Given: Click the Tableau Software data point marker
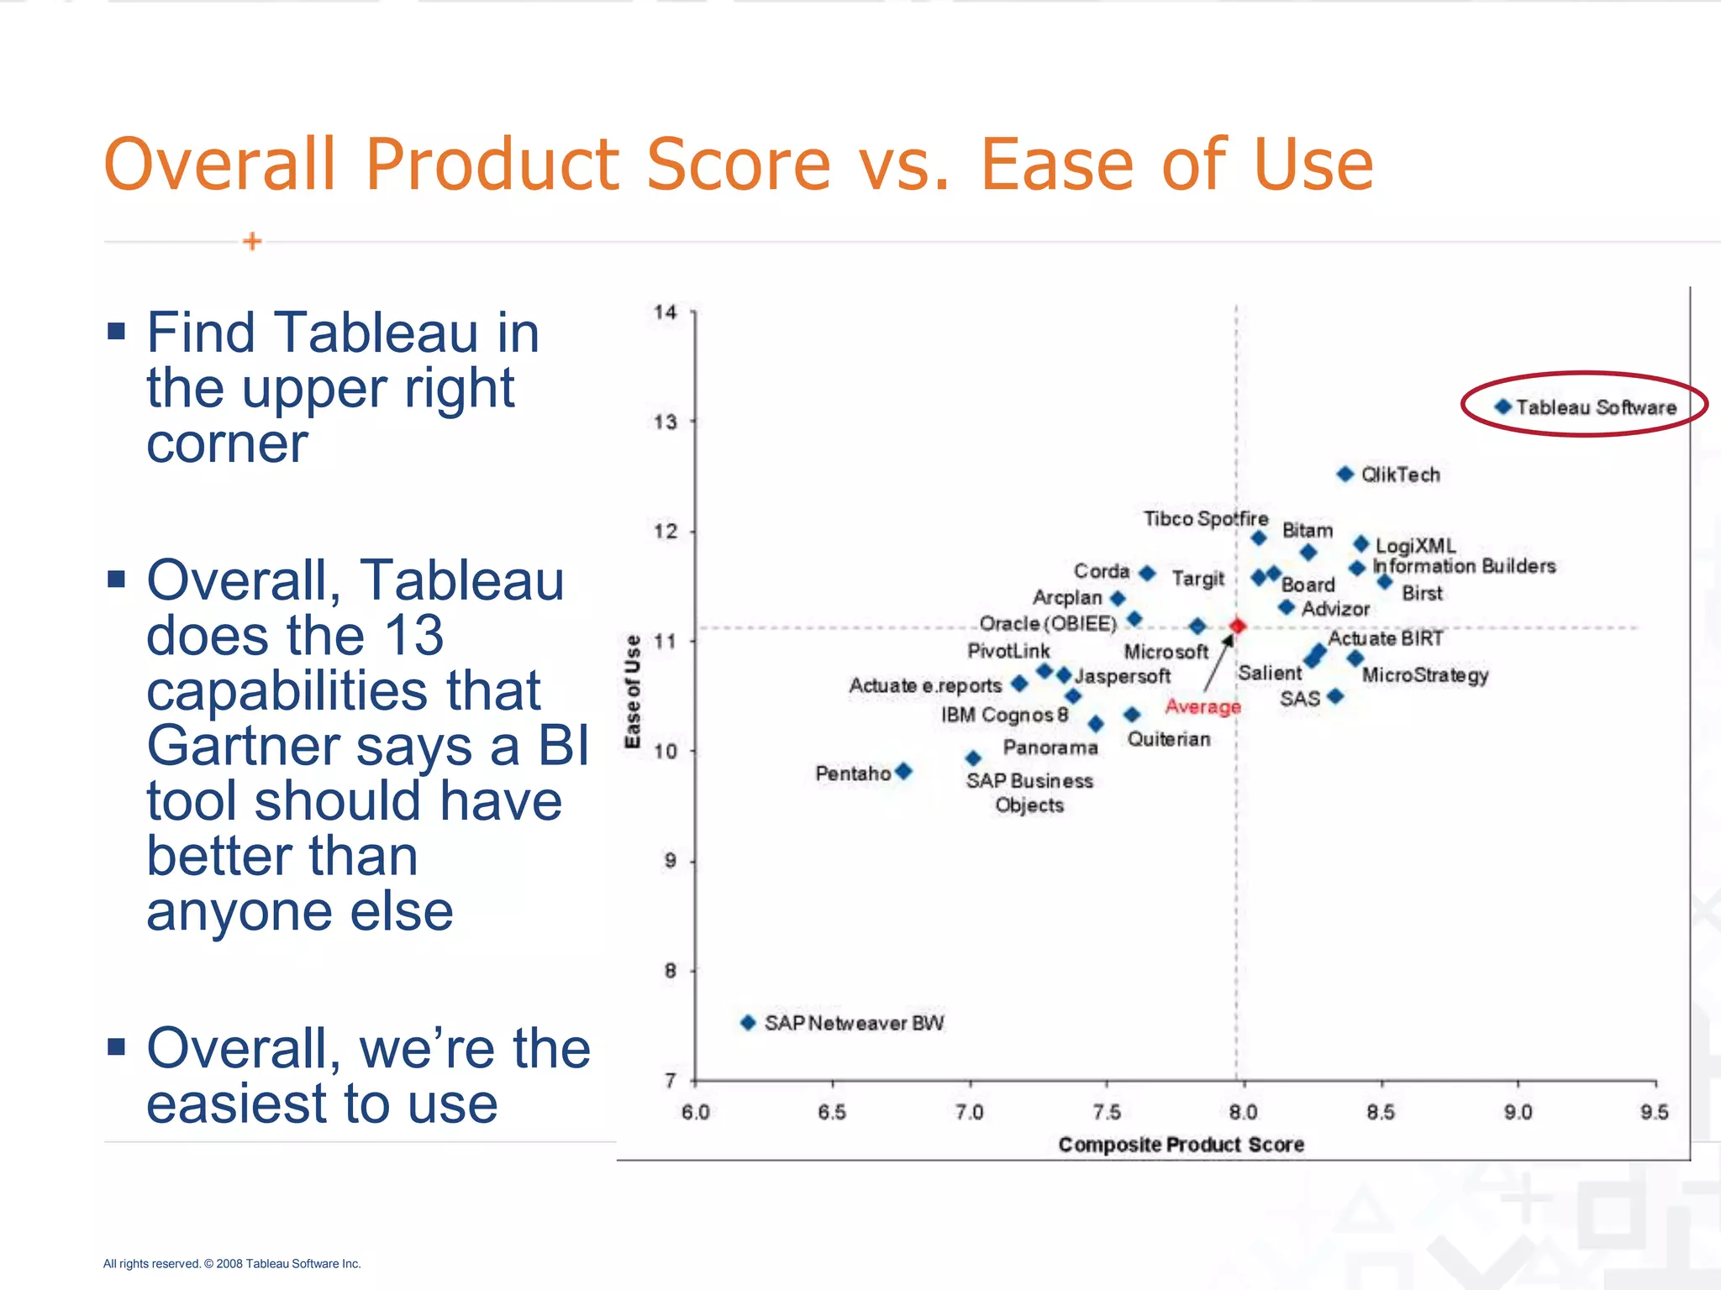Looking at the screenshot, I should pyautogui.click(x=1503, y=407).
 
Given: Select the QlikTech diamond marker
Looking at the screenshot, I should pyautogui.click(x=1345, y=475).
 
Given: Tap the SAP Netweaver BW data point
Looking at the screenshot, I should pyautogui.click(x=748, y=1023).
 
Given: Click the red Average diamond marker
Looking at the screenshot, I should pyautogui.click(x=1237, y=626).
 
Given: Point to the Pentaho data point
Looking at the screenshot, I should pyautogui.click(x=903, y=771).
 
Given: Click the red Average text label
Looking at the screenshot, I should pyautogui.click(x=1203, y=707).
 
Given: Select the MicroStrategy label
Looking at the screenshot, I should pyautogui.click(x=1425, y=675).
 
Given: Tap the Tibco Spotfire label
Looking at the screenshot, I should pyautogui.click(x=1205, y=519).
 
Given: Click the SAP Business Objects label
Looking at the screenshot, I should pyautogui.click(x=1029, y=793).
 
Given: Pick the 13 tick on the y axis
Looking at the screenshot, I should pyautogui.click(x=666, y=422).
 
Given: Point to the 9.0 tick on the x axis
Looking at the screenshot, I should pyautogui.click(x=1518, y=1112).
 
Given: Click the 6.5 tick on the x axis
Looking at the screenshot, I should pyautogui.click(x=832, y=1112).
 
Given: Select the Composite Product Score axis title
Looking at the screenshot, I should pyautogui.click(x=1181, y=1145).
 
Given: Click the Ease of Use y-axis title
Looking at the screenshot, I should pyautogui.click(x=633, y=691).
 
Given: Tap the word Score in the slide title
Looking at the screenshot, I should pyautogui.click(x=739, y=165).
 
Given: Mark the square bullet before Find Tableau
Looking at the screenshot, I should pyautogui.click(x=116, y=331).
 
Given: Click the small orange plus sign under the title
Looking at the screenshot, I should pyautogui.click(x=252, y=242).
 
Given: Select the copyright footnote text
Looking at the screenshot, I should pyautogui.click(x=232, y=1263).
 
